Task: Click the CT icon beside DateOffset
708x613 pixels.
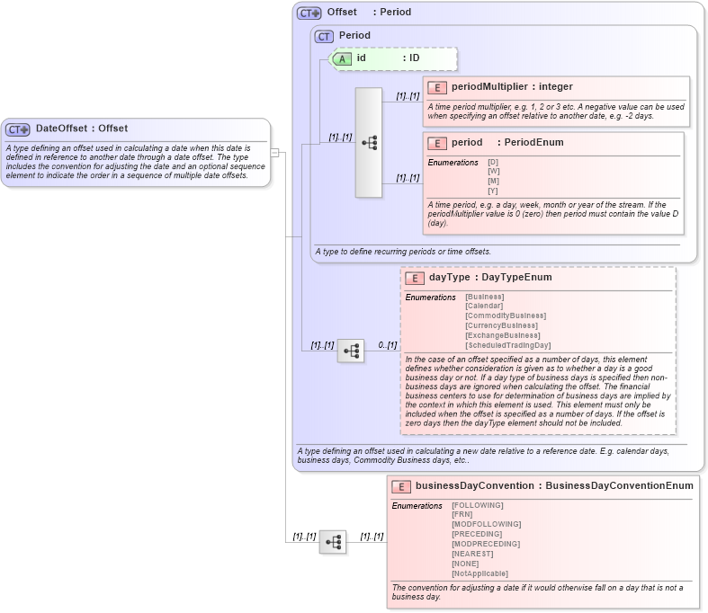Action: [18, 129]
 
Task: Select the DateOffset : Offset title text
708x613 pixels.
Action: [82, 129]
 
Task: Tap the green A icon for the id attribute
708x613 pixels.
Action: [342, 58]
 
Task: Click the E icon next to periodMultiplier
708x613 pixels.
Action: [436, 87]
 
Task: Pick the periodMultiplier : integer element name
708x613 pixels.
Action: [512, 87]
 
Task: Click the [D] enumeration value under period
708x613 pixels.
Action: [493, 162]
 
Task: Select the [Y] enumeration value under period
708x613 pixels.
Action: [493, 191]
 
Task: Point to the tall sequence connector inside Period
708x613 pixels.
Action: [369, 142]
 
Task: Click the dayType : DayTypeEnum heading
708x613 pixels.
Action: [490, 278]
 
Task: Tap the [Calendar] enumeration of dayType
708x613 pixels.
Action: [485, 306]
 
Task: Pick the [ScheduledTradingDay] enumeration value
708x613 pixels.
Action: [507, 345]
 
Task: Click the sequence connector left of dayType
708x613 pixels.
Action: [351, 351]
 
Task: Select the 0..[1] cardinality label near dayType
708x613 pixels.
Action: [387, 345]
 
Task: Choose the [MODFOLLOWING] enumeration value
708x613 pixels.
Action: [486, 524]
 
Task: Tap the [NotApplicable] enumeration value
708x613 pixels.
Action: [479, 573]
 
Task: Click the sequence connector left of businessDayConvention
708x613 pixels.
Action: [333, 542]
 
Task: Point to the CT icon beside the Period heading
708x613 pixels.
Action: [324, 36]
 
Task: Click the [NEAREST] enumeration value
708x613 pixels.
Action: [472, 554]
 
